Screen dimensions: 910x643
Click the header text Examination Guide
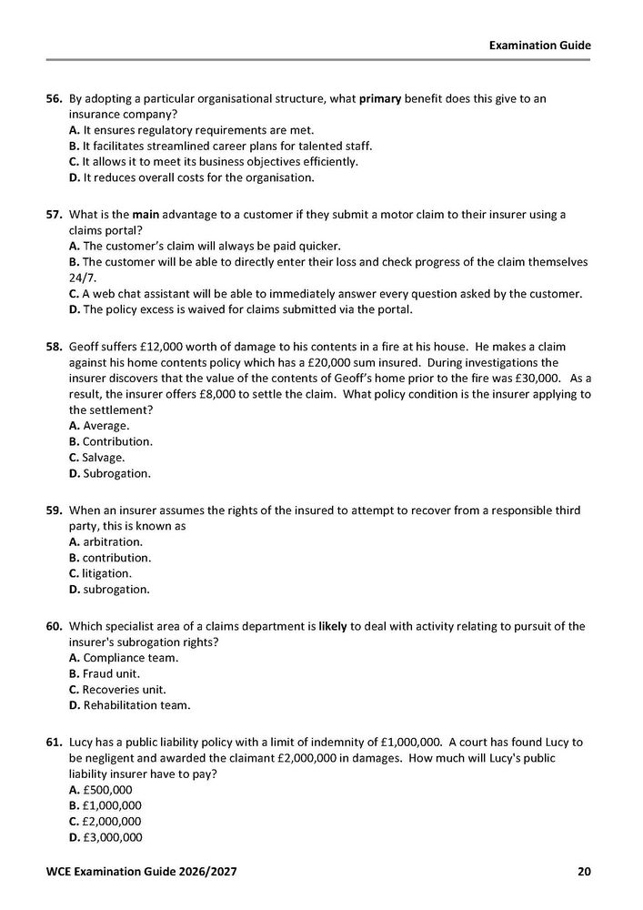tap(539, 44)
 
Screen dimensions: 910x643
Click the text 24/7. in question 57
tap(83, 278)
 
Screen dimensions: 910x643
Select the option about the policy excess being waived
tap(240, 309)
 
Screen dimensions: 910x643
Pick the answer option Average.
tap(99, 425)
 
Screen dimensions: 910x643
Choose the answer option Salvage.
tap(96, 457)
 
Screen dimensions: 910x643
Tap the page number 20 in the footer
tap(584, 873)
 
